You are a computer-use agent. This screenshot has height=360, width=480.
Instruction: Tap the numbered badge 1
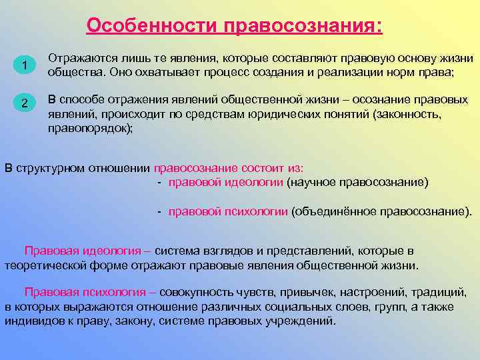[24, 65]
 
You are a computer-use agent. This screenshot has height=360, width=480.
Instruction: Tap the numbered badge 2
[24, 103]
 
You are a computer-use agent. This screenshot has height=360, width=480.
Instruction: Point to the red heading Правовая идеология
[83, 251]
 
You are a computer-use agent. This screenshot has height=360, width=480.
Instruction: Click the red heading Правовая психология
[86, 293]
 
